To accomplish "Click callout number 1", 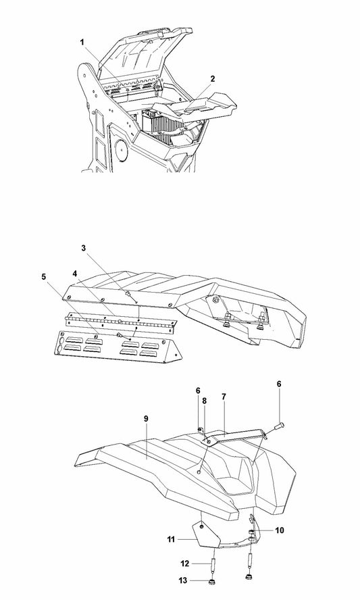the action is tap(82, 42).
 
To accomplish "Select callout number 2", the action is tap(213, 79).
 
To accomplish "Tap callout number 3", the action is tap(83, 247).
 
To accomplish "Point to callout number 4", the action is tap(75, 273).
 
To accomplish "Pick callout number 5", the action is tap(44, 276).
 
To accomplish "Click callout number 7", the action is tap(224, 397).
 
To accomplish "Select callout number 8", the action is tap(205, 401).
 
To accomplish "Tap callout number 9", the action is tap(146, 418).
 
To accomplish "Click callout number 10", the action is tap(280, 530).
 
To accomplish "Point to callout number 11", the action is tap(171, 540).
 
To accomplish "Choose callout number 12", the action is tap(185, 564).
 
